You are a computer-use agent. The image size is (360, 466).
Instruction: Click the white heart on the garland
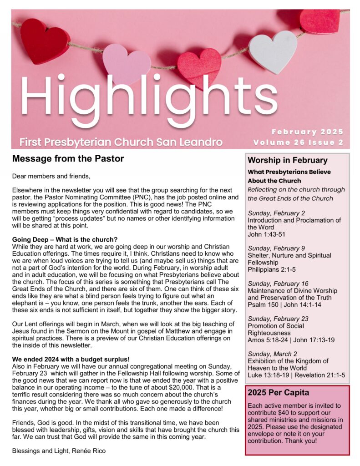coord(273,51)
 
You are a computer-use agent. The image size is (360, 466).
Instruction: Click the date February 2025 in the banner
coord(307,132)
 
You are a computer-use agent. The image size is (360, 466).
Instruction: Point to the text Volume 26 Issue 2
coord(298,142)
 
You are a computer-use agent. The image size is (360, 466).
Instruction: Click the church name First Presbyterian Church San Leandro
coord(121,142)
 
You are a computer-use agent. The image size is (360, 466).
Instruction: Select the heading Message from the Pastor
coord(68,159)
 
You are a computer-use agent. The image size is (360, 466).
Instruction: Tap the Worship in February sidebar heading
coord(287,160)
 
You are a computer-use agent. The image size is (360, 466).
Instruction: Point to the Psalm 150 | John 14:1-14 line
coord(284,305)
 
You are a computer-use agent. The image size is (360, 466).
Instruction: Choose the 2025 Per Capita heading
coord(278,392)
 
